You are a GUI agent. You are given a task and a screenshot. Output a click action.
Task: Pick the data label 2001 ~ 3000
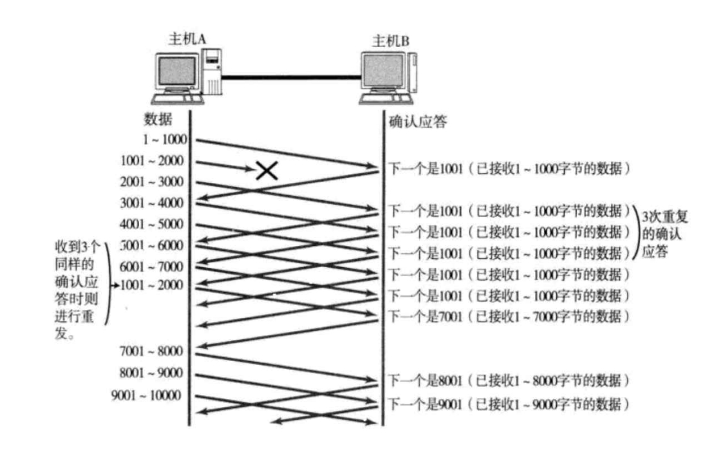point(152,182)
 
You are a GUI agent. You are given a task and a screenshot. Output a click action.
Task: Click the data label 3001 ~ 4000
point(152,203)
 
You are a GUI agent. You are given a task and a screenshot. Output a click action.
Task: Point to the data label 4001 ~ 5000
point(152,225)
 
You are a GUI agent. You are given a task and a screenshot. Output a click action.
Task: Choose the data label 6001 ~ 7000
point(152,267)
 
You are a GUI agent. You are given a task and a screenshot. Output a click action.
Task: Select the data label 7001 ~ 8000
point(152,352)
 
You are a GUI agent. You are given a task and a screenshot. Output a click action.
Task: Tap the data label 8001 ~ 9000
point(152,373)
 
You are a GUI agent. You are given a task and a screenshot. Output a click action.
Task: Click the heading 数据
point(158,119)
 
